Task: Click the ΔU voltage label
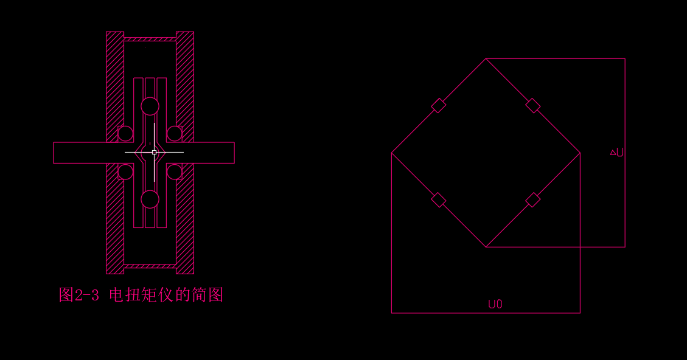click(617, 153)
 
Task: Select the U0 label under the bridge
click(495, 305)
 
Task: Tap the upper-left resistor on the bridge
click(439, 106)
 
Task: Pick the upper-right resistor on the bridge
click(533, 106)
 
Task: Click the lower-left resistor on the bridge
click(439, 200)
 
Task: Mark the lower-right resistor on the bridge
click(533, 200)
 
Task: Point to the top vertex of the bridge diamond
click(486, 59)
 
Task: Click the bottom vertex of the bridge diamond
click(486, 247)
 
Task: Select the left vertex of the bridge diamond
click(392, 153)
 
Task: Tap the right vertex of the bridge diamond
click(580, 153)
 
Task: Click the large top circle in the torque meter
click(150, 106)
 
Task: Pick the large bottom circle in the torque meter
click(150, 199)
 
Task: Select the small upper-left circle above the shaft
click(125, 134)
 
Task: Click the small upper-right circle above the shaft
click(175, 134)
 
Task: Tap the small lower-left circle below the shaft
click(125, 171)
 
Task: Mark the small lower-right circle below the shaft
click(175, 171)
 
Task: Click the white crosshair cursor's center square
click(155, 152)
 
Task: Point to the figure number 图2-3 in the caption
click(78, 296)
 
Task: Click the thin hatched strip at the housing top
click(150, 39)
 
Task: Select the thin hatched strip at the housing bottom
click(150, 266)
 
